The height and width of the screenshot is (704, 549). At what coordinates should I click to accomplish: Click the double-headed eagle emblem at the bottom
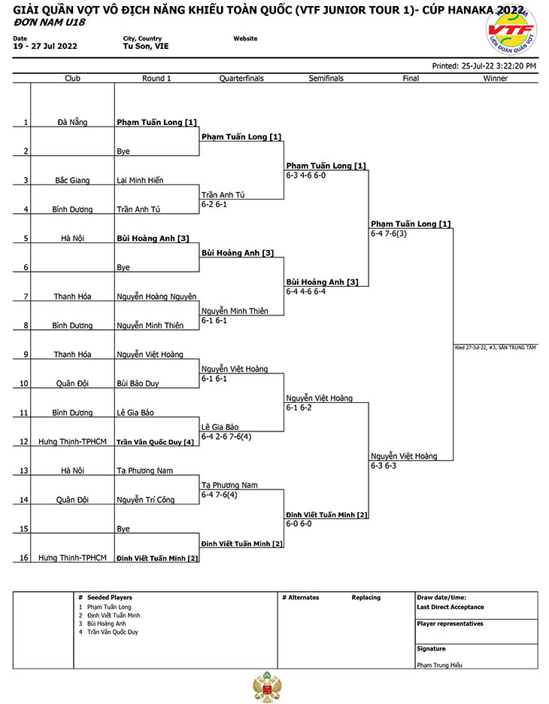pyautogui.click(x=268, y=687)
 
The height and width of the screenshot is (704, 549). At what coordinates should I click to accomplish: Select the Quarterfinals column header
pyautogui.click(x=241, y=78)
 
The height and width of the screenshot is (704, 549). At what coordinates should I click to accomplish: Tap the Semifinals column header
pyautogui.click(x=326, y=78)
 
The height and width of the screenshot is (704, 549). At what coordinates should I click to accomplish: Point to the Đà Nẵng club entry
pyautogui.click(x=72, y=122)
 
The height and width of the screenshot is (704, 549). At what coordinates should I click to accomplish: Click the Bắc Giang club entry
pyautogui.click(x=72, y=180)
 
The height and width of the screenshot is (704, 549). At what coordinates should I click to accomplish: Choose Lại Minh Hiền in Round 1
pyautogui.click(x=140, y=180)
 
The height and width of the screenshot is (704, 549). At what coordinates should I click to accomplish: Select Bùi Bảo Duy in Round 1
pyautogui.click(x=138, y=383)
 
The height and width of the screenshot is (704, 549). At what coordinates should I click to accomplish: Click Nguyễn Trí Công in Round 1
pyautogui.click(x=145, y=500)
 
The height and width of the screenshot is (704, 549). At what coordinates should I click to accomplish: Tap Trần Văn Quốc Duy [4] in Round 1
pyautogui.click(x=155, y=442)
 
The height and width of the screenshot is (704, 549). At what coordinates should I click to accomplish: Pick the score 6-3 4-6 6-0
pyautogui.click(x=306, y=175)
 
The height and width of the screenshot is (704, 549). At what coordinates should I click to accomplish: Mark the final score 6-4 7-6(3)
pyautogui.click(x=388, y=233)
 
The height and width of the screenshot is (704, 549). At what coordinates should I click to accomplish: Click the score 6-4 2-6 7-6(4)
pyautogui.click(x=226, y=437)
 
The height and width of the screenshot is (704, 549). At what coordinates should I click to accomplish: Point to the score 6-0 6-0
pyautogui.click(x=299, y=523)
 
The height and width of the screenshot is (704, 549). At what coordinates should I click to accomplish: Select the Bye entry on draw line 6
pyautogui.click(x=123, y=267)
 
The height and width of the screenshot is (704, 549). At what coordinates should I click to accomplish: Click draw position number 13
pyautogui.click(x=24, y=471)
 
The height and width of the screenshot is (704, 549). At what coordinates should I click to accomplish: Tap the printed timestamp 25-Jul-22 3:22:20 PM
pyautogui.click(x=499, y=66)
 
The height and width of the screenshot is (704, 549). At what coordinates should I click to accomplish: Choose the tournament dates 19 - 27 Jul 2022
pyautogui.click(x=45, y=46)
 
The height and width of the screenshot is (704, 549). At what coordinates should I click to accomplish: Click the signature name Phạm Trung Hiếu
pyautogui.click(x=439, y=665)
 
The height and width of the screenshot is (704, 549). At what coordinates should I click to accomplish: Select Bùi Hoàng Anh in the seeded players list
pyautogui.click(x=106, y=623)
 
